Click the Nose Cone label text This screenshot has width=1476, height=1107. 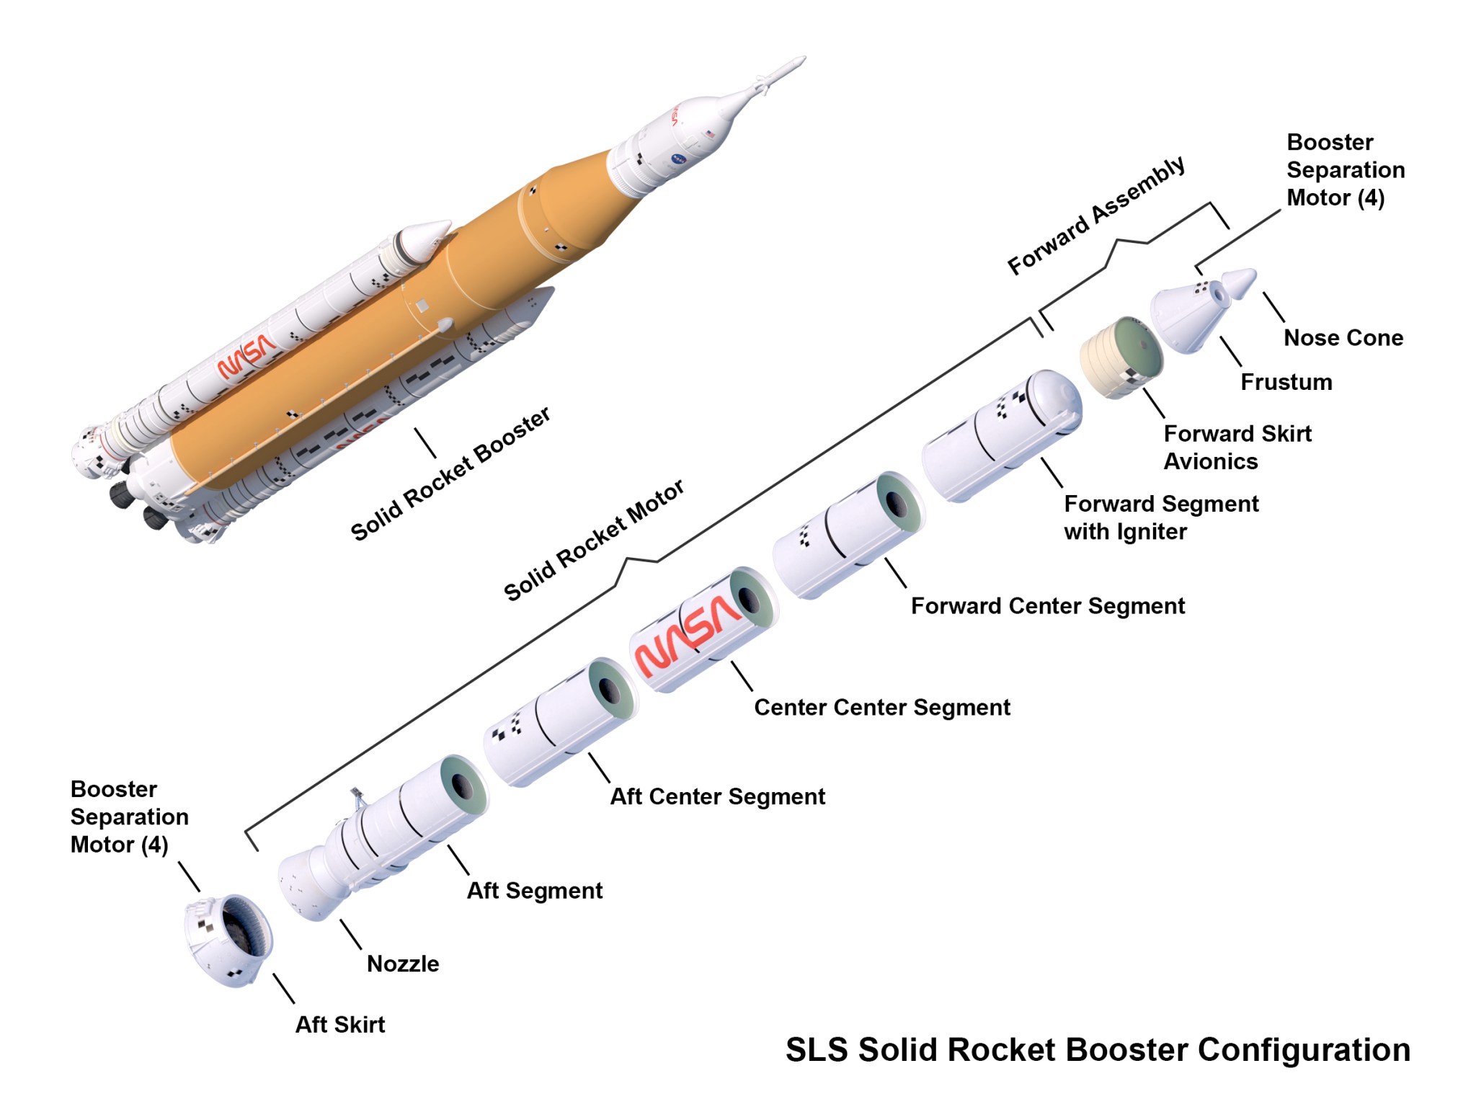tap(1343, 337)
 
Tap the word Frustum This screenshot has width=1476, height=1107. tap(1286, 382)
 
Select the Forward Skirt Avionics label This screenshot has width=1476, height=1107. tap(1237, 447)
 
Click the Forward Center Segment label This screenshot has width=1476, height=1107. tap(1047, 606)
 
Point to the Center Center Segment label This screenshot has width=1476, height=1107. tap(881, 708)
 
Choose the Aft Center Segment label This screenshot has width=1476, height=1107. tap(717, 796)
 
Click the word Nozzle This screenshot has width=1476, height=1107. tap(403, 964)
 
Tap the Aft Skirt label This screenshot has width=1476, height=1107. tap(340, 1024)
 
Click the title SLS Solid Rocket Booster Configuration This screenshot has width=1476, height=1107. tap(1097, 1050)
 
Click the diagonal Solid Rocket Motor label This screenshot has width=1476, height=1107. tap(593, 541)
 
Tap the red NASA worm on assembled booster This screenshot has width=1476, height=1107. tap(246, 357)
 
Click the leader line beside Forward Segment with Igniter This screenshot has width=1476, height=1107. tap(1052, 472)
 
